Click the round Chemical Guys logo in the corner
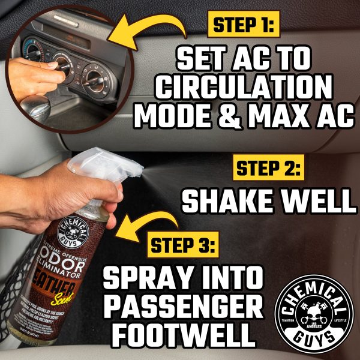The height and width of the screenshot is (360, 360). [x=314, y=314]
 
